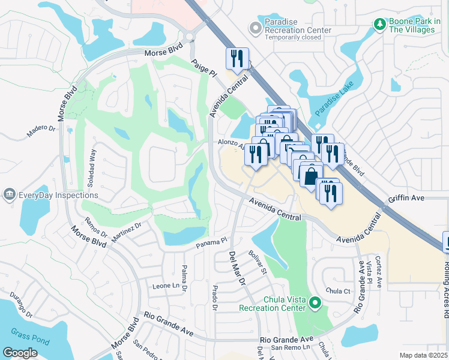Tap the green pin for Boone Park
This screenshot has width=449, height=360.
379,24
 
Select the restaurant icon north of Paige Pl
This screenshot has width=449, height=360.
237,59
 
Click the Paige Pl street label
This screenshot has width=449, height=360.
203,67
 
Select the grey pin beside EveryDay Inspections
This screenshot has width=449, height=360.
10,194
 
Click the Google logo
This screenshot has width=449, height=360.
20,353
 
